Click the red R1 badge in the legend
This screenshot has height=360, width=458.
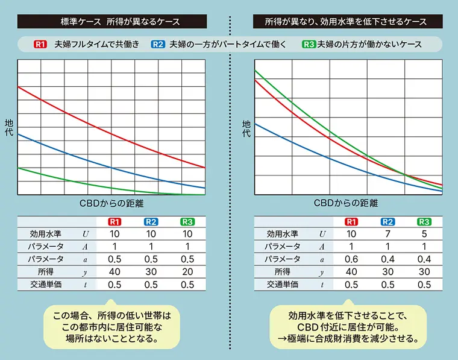point(40,44)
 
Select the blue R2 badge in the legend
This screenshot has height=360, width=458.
point(158,44)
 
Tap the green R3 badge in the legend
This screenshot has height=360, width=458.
point(309,44)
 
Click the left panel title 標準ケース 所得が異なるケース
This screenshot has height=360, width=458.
point(120,22)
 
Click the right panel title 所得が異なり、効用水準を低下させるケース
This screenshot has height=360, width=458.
point(346,22)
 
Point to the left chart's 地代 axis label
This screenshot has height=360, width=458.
point(8,128)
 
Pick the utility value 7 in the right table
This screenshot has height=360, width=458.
point(389,234)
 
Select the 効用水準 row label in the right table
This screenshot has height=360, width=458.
point(283,234)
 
